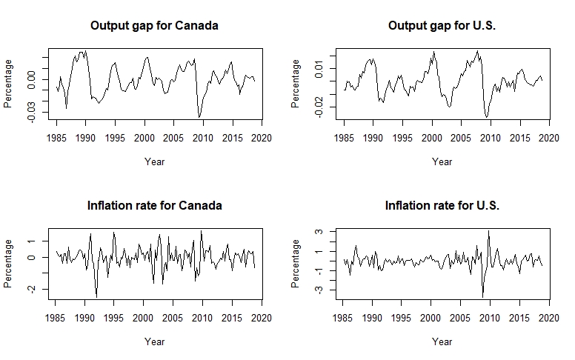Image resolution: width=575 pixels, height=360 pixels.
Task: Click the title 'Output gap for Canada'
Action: point(154,26)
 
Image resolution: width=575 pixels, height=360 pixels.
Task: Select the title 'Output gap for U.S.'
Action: point(442,26)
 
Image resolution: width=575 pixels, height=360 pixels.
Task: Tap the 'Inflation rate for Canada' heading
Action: point(154,206)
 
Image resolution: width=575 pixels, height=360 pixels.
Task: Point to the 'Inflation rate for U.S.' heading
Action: point(442,206)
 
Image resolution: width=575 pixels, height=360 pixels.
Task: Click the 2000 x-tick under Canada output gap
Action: point(144,139)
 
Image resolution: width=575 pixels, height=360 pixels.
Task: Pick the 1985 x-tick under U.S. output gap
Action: point(344,139)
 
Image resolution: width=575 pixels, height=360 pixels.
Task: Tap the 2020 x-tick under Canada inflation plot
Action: point(262,318)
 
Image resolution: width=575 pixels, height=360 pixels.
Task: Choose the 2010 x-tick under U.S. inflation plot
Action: point(490,318)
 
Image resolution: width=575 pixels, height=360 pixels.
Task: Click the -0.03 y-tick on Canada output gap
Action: point(32,112)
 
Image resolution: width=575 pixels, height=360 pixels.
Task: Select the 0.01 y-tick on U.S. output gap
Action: point(319,69)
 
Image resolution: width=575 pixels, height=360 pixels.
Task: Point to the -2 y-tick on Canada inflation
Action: point(32,289)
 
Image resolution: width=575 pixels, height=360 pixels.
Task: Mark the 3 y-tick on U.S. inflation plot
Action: point(319,231)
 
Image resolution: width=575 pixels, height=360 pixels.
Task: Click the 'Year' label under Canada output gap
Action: point(154,161)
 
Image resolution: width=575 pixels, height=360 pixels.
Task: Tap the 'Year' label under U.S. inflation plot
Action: point(442,341)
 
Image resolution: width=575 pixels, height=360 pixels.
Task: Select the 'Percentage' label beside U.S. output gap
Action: point(295,84)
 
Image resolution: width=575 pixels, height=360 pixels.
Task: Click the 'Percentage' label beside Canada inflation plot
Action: point(7,264)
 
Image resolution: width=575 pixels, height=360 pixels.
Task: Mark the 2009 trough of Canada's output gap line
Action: point(199,117)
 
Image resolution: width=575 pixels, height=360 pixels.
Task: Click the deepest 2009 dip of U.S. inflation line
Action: point(482,297)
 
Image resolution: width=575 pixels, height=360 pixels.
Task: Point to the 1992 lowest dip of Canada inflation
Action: point(96,297)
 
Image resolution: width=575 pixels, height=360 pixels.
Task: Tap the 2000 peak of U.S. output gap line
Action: point(433,51)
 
